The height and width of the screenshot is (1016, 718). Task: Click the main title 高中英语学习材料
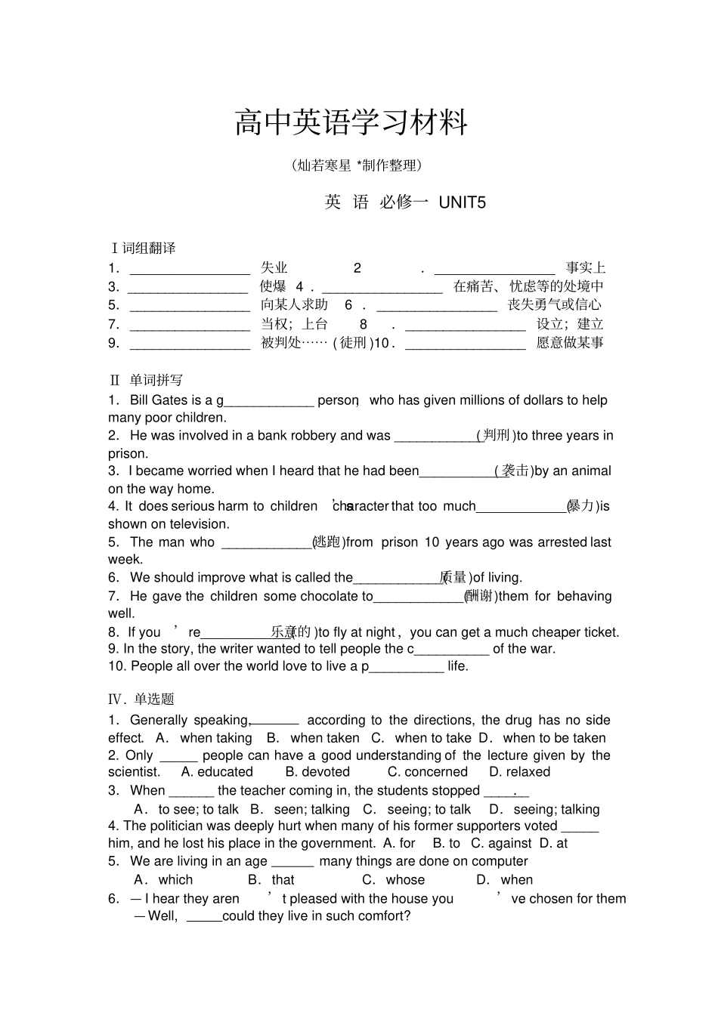[x=351, y=123]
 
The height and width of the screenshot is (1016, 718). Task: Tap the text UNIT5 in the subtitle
[x=462, y=202]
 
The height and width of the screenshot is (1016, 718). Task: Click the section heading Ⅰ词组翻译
[x=143, y=248]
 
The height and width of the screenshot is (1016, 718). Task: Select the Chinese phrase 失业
[x=274, y=267]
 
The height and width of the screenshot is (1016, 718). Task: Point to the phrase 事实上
[x=586, y=267]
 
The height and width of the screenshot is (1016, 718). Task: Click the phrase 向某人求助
[x=294, y=304]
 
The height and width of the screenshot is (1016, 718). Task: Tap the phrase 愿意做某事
[x=570, y=342]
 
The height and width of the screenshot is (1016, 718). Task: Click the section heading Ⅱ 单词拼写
[x=146, y=380]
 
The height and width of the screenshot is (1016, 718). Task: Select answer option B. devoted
[x=317, y=772]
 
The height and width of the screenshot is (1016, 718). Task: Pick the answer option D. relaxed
[x=519, y=772]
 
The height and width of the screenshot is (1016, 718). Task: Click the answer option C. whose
[x=393, y=879]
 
